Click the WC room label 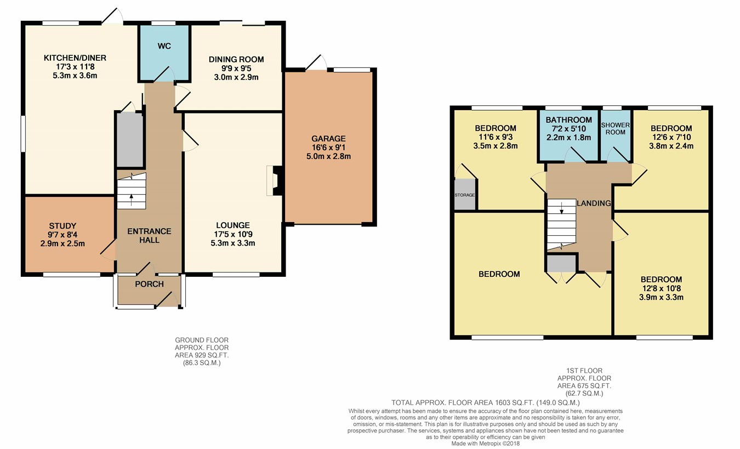(164, 46)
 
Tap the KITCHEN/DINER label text (75, 58)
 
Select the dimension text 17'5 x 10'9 (233, 234)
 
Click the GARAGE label (328, 139)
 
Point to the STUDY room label (62, 226)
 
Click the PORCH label (149, 284)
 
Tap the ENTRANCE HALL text (149, 236)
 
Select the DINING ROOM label (236, 59)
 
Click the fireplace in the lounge (274, 181)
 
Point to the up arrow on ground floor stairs (131, 200)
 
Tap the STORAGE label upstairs (464, 195)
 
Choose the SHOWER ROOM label (616, 128)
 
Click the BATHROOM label (568, 120)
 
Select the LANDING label (594, 203)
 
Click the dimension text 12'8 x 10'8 (661, 288)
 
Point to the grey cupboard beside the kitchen (130, 140)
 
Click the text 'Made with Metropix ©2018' (485, 444)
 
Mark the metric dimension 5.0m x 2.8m (328, 156)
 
